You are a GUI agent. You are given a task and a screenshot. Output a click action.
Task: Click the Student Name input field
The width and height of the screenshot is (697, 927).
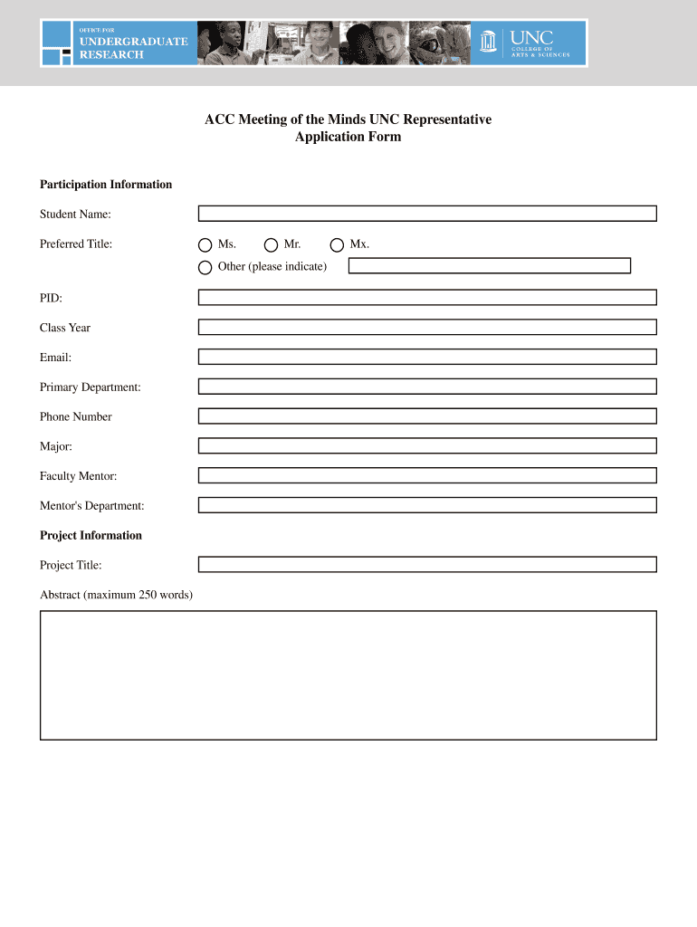click(x=427, y=214)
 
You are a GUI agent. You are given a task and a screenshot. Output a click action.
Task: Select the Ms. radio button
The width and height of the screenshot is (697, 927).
click(x=205, y=245)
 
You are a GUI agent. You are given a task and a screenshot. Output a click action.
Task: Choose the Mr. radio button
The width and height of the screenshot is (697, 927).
click(x=272, y=245)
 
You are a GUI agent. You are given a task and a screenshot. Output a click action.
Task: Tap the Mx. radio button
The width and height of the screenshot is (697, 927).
click(x=338, y=245)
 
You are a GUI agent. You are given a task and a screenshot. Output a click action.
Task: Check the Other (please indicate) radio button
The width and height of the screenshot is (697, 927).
click(x=205, y=267)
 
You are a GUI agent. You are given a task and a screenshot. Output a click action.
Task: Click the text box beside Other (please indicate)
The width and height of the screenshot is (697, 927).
click(x=489, y=266)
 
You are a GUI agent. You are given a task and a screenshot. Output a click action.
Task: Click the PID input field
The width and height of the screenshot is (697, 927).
click(x=427, y=297)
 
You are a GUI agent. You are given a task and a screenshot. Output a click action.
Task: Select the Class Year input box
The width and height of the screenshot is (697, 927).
click(x=427, y=327)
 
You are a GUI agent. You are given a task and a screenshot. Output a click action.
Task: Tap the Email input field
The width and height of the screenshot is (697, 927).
click(x=427, y=357)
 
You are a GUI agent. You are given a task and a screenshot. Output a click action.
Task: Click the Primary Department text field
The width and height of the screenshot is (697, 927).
click(x=427, y=387)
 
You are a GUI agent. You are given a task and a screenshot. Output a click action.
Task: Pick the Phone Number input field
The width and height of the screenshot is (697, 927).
click(x=427, y=416)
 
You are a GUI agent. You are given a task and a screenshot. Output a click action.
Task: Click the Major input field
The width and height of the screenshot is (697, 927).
click(x=427, y=445)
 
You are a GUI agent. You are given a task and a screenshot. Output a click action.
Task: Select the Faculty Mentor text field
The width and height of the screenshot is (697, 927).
click(x=427, y=475)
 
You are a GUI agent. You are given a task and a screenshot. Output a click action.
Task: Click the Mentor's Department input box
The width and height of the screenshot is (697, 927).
click(x=427, y=505)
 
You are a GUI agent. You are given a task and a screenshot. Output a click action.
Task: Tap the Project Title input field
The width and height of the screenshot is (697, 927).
click(x=427, y=564)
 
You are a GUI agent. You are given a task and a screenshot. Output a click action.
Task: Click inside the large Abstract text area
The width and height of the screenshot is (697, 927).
click(x=348, y=675)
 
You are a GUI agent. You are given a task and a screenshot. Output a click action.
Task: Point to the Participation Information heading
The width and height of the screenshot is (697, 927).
click(x=106, y=185)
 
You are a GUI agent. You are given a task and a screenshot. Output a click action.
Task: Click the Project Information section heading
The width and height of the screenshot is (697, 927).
click(x=91, y=535)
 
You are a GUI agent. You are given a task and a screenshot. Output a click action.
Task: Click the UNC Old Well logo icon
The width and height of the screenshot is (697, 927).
click(x=490, y=43)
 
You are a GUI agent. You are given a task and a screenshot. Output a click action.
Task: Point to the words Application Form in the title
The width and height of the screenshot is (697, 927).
click(x=348, y=138)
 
